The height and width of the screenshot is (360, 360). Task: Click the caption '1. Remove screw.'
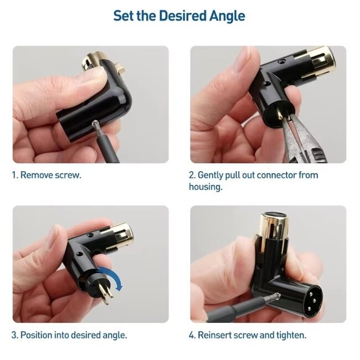[x=47, y=175]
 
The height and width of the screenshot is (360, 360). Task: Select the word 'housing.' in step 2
[x=205, y=187]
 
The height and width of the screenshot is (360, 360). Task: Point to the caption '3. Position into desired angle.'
[x=69, y=335]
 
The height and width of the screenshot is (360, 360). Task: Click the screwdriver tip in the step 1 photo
[x=95, y=124]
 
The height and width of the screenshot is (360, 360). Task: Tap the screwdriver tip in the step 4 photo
[x=277, y=296]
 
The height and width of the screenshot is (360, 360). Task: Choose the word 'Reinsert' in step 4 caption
[x=214, y=335]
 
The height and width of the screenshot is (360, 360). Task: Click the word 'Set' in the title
[x=124, y=16]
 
